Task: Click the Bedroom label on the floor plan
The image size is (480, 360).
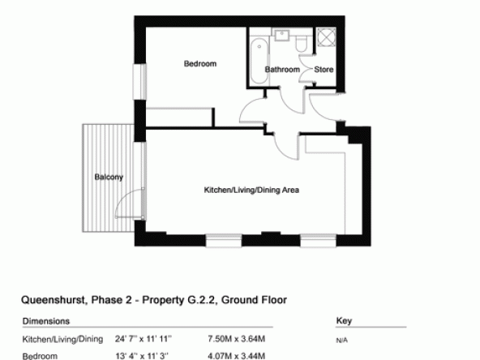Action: pyautogui.click(x=200, y=64)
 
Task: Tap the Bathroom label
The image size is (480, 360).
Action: pyautogui.click(x=282, y=70)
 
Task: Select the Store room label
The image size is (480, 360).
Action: pyautogui.click(x=324, y=70)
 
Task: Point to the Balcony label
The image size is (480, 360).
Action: pyautogui.click(x=109, y=177)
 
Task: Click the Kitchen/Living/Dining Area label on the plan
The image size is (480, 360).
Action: pyautogui.click(x=251, y=190)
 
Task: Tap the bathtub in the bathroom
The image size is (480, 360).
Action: pyautogui.click(x=259, y=62)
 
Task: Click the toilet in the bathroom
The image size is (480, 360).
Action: pyautogui.click(x=301, y=44)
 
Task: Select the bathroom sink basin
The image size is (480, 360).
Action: pyautogui.click(x=281, y=35)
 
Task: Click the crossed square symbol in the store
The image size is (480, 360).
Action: pyautogui.click(x=326, y=37)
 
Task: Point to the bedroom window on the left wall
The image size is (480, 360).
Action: pyautogui.click(x=139, y=81)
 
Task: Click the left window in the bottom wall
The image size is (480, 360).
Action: pyautogui.click(x=224, y=240)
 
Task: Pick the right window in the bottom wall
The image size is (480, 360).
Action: pyautogui.click(x=318, y=240)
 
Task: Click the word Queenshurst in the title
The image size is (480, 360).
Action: pyautogui.click(x=54, y=300)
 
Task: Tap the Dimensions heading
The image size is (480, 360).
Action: pyautogui.click(x=46, y=321)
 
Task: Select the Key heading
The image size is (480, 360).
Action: pyautogui.click(x=344, y=321)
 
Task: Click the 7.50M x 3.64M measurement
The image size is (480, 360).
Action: pyautogui.click(x=236, y=339)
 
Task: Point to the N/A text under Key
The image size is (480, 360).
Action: pyautogui.click(x=341, y=340)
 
